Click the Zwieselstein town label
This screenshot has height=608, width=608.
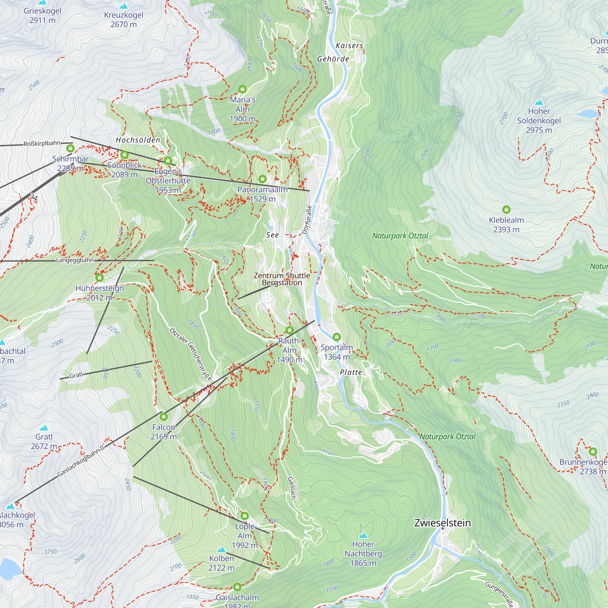coord(442,523)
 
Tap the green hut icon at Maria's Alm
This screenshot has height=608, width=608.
coord(242,89)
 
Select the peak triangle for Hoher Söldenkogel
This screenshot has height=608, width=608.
coord(539,102)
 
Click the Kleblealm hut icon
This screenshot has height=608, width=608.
coord(506,209)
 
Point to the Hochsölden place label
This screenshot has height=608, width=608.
coord(138,140)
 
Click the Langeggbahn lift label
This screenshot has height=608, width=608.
coord(75,260)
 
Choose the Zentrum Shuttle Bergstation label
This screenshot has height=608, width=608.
coord(282,279)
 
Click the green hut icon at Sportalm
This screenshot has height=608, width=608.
coord(337,337)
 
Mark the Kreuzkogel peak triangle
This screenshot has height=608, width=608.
coord(124,6)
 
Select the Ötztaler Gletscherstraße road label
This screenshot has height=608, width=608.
coord(191,354)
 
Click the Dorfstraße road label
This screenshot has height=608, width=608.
coord(307,220)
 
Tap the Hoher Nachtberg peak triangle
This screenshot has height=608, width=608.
coord(363,535)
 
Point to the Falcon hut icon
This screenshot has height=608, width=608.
coord(163,417)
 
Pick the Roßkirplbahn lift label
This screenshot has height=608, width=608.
coord(42,143)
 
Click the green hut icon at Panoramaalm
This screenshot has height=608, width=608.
coord(262,179)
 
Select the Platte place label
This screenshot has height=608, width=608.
coord(351,372)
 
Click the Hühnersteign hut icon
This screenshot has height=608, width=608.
coord(99,278)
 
